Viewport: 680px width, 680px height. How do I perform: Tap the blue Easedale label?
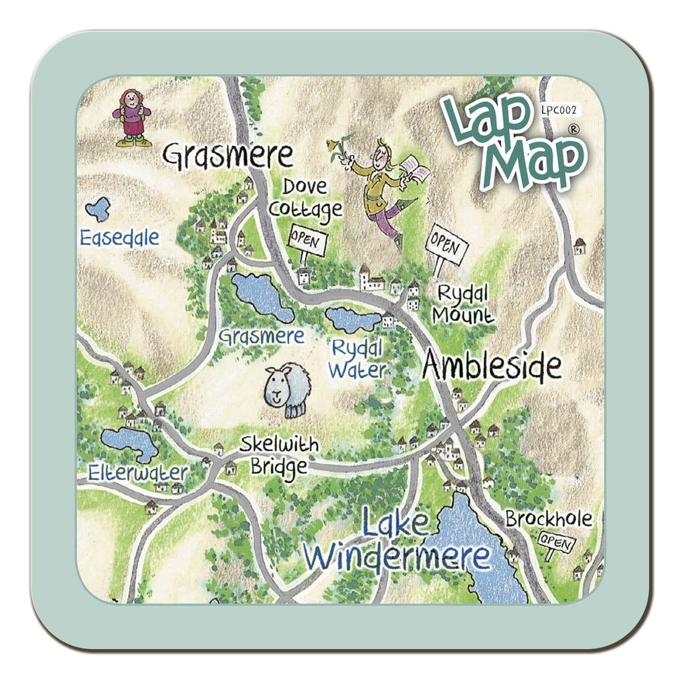119,237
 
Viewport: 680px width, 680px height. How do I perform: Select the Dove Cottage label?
305,198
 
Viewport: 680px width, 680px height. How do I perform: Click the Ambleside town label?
492,367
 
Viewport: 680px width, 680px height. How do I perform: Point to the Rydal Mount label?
462,304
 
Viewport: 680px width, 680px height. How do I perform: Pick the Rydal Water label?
357,359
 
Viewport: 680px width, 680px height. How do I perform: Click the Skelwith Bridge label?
279,455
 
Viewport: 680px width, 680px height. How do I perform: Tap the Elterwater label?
137,473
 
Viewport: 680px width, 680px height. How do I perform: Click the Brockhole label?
548,519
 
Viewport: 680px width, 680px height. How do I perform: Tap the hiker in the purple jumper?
132,117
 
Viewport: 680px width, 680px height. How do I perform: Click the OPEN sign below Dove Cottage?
304,240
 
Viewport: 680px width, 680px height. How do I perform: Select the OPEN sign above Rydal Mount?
445,247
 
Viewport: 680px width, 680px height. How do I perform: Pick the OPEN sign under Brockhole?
556,542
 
